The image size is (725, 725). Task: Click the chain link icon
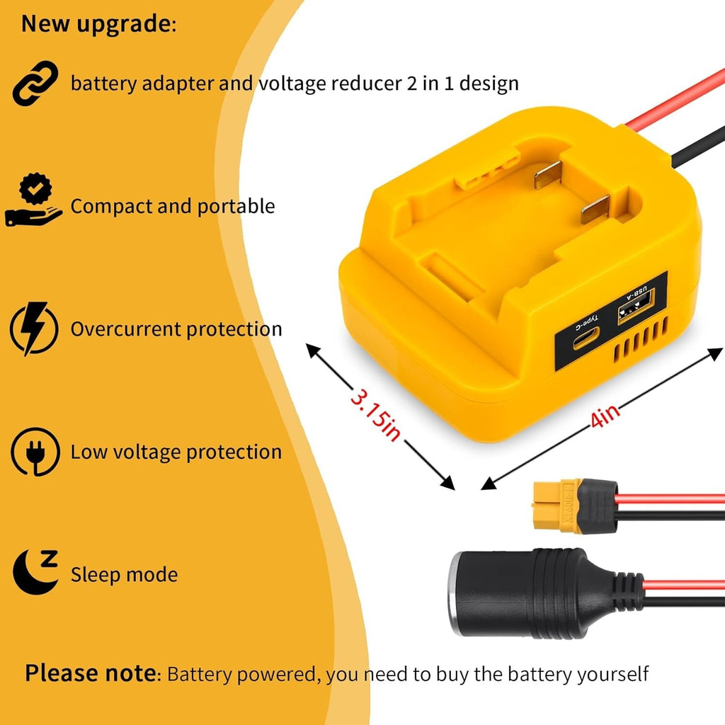tap(35, 84)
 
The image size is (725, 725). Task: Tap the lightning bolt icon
tap(34, 329)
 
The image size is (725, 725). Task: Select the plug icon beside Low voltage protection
tap(35, 452)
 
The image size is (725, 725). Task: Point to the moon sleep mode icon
tap(35, 571)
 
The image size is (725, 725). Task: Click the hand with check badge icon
tap(33, 200)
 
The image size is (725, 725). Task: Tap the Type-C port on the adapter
tap(586, 338)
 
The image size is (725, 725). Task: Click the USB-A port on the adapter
tap(636, 306)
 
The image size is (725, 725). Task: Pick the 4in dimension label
tap(605, 416)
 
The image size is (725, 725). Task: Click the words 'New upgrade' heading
tap(96, 23)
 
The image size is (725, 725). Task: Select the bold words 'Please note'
tap(91, 673)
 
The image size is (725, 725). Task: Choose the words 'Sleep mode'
tap(124, 575)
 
